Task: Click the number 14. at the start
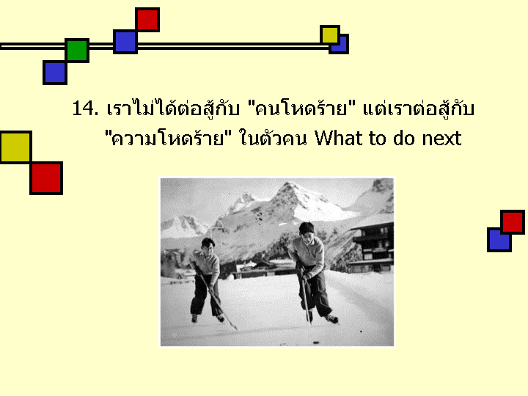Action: pos(85,108)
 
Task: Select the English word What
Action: pos(338,138)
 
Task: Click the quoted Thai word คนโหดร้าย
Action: pos(301,108)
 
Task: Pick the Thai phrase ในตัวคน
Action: pos(273,138)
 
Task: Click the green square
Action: pos(77,51)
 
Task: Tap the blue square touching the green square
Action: pos(55,73)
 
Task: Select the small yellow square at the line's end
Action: pos(330,35)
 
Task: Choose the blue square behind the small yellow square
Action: pos(340,45)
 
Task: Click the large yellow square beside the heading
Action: pos(16,147)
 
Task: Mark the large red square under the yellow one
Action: pos(46,178)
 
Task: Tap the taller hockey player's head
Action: pos(307,231)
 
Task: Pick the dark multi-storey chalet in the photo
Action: pos(372,249)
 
